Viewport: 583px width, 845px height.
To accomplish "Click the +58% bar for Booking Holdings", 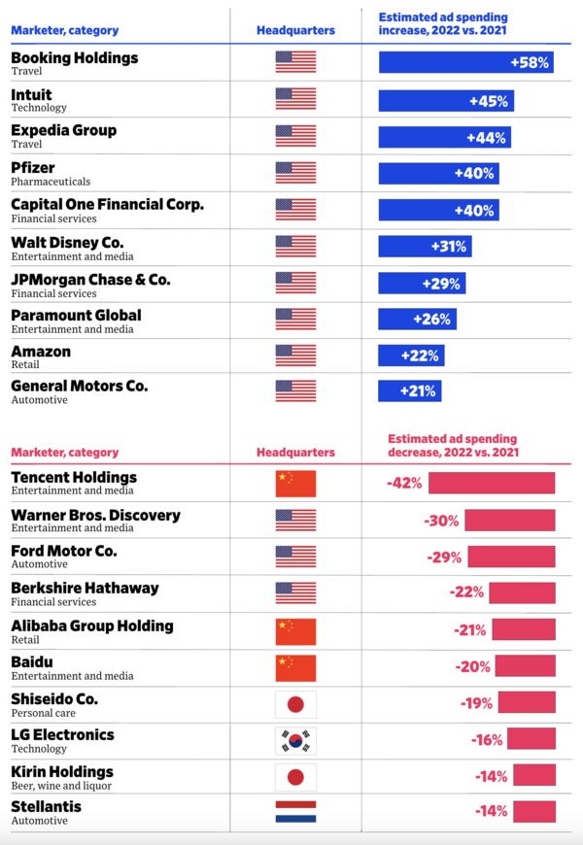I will [465, 63].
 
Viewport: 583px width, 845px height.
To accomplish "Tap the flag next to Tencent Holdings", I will [295, 483].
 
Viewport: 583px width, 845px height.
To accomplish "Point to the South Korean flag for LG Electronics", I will [295, 741].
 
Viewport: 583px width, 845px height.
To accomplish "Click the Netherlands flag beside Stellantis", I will [295, 812].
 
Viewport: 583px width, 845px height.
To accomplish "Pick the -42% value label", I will [405, 483].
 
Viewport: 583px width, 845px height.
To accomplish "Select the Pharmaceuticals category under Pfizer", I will [51, 182].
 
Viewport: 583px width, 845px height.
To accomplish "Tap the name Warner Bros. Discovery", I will [95, 515].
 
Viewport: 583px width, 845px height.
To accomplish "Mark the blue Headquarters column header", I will [295, 30].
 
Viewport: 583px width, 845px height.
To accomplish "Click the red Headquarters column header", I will [295, 453].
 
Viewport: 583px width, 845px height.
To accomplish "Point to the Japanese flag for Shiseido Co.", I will [295, 704].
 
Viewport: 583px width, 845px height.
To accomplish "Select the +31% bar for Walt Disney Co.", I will [425, 247].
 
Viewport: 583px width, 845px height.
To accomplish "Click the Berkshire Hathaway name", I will [85, 588].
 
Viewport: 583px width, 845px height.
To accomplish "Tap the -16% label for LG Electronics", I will [487, 740].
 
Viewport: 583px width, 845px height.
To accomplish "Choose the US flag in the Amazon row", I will [295, 355].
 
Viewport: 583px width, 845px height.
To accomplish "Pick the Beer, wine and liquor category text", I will [61, 786].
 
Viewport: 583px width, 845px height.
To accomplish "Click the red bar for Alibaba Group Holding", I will [523, 629].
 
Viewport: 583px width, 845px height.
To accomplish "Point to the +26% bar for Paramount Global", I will [417, 319].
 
